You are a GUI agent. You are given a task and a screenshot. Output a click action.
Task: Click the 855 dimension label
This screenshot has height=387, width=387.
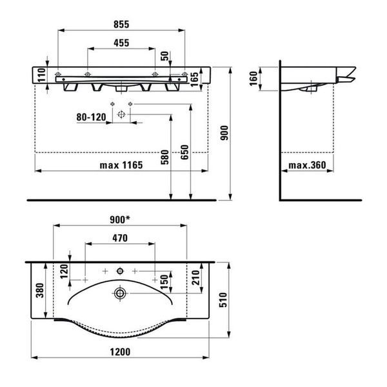click(x=121, y=25)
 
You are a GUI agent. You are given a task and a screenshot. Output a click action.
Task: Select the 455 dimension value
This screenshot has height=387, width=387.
click(x=121, y=43)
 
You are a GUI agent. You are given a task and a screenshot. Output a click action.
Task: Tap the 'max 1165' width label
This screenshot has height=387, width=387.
click(x=121, y=165)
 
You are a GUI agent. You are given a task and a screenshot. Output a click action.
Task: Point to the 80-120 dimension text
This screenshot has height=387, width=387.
click(x=91, y=117)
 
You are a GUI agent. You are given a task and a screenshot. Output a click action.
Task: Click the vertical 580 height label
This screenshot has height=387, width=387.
click(x=165, y=157)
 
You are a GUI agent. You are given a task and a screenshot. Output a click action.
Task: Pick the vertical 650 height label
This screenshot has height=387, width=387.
click(x=184, y=152)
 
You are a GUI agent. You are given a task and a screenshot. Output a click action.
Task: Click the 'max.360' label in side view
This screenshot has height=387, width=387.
click(x=307, y=165)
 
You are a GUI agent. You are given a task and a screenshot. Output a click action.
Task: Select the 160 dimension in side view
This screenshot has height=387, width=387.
click(x=253, y=79)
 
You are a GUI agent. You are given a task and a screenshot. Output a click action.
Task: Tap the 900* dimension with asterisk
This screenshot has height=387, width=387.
click(x=120, y=219)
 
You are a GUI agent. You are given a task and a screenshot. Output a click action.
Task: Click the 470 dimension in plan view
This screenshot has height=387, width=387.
click(x=120, y=238)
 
